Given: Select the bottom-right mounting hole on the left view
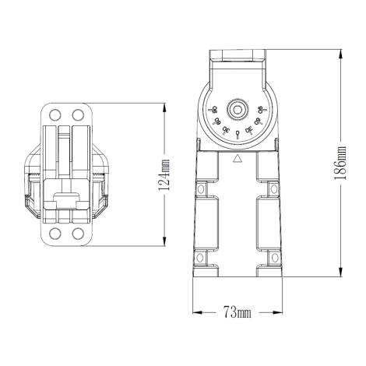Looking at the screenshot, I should click(76, 233).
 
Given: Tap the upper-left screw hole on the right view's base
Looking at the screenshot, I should click(201, 188).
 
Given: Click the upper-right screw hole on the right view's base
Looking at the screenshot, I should click(273, 188).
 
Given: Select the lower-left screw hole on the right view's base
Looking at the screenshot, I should click(201, 258).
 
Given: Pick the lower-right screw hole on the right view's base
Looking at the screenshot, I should click(273, 258).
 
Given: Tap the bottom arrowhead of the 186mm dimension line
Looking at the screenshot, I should click(340, 273).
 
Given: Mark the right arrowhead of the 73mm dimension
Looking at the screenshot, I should click(278, 313).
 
